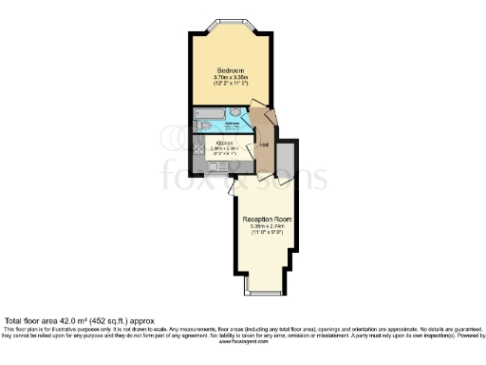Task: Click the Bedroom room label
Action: [x=231, y=71]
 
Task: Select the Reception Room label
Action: [x=267, y=220]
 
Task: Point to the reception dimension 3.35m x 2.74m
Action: [x=267, y=228]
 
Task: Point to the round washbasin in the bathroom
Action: [x=234, y=112]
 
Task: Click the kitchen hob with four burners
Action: [x=199, y=148]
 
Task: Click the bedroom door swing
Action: [x=258, y=120]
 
